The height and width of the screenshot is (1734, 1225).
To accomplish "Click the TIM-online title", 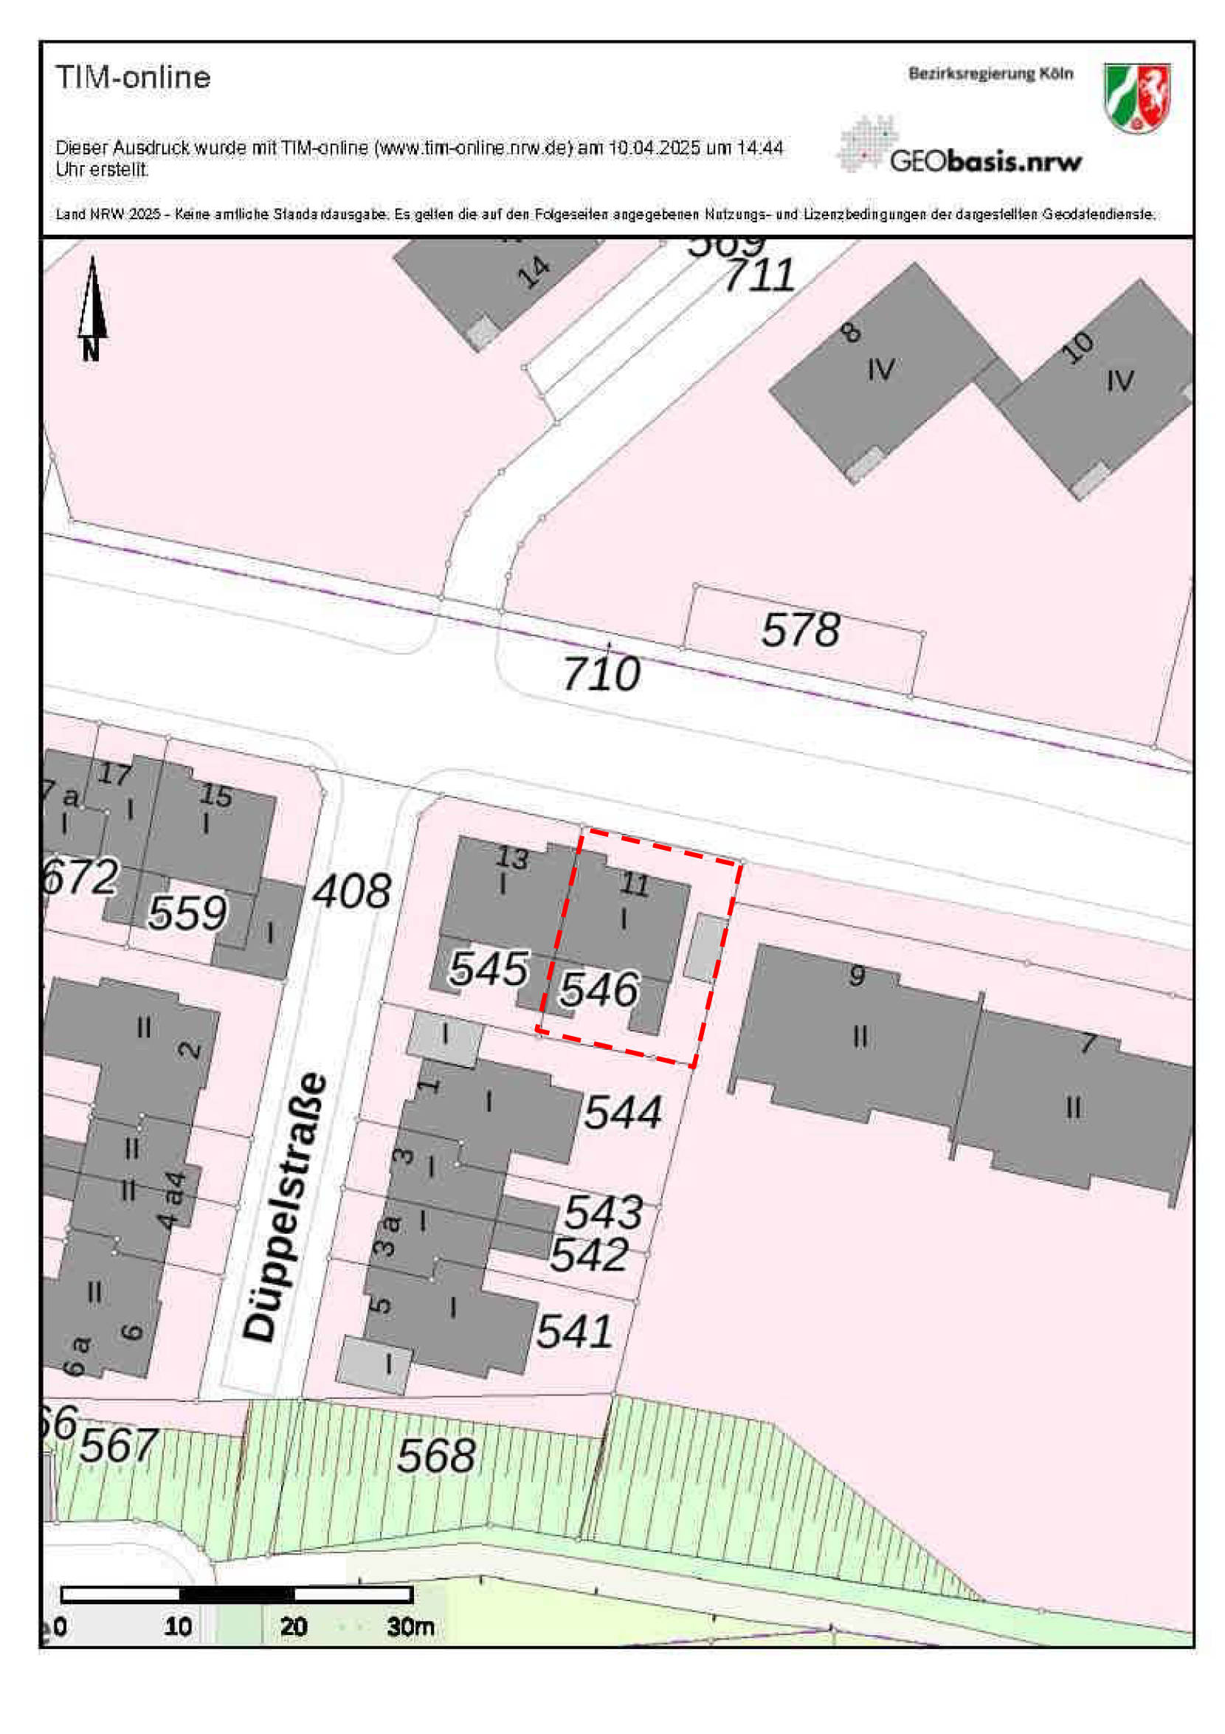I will [133, 77].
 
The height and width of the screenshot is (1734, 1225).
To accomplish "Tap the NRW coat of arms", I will [1136, 98].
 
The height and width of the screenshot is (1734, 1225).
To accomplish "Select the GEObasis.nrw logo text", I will [985, 161].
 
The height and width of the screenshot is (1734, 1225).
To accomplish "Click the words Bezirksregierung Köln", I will [990, 74].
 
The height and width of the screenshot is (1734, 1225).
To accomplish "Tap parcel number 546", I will [599, 989].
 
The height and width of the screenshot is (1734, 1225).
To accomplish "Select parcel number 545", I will [488, 969].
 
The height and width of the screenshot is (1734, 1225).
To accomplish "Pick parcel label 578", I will [800, 630].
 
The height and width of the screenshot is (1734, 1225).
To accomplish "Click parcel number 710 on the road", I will [601, 674].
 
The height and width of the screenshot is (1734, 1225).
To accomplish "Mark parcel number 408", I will [351, 892].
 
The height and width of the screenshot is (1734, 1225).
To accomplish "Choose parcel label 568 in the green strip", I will [437, 1455].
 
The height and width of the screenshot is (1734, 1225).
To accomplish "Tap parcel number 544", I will [623, 1112].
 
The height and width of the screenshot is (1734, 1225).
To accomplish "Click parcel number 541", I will [574, 1330].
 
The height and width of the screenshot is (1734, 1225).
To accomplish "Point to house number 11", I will [635, 885].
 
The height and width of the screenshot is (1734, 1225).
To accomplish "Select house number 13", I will [512, 858].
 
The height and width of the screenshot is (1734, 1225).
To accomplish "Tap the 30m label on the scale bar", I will [410, 1626].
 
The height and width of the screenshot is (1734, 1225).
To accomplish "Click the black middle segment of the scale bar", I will [237, 1595].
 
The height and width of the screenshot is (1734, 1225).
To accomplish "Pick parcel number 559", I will [187, 913].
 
